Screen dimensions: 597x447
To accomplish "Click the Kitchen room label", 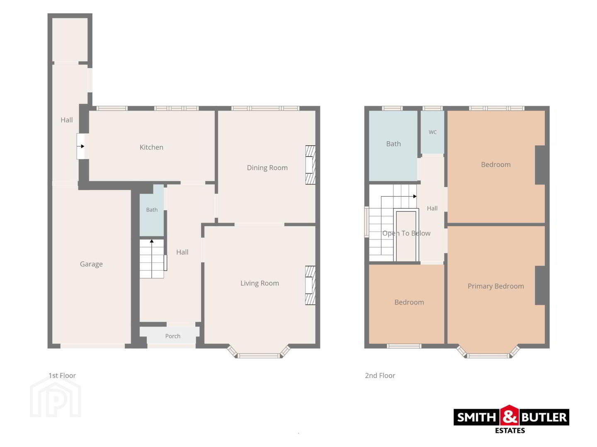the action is [151, 147].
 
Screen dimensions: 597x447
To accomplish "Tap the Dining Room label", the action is [267, 168].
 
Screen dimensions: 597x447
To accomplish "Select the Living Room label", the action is [260, 284].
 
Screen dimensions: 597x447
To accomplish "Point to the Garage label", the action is [91, 264].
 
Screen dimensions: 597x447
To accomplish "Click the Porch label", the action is [173, 336].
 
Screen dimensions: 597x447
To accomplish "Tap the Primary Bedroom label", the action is [495, 286].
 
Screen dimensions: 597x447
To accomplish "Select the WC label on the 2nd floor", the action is [432, 132].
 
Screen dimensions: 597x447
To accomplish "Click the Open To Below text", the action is [406, 233].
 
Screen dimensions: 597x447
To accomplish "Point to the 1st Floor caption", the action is [62, 375].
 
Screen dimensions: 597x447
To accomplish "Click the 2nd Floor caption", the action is [380, 375].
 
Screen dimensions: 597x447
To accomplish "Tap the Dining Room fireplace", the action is [311, 165].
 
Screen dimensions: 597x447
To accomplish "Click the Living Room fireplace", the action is [311, 285].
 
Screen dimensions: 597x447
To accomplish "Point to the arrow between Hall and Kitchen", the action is [80, 146].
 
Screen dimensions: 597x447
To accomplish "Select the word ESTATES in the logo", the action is [510, 431].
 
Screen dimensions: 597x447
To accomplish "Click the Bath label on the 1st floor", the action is [152, 210].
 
